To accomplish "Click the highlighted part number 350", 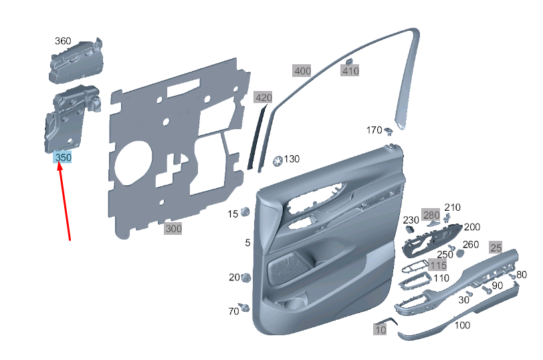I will click(x=63, y=157).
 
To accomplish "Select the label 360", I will click(x=63, y=41).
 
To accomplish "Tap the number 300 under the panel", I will click(x=173, y=229).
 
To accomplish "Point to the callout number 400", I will click(x=302, y=70).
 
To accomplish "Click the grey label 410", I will click(x=350, y=70).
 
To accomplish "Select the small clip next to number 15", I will click(x=245, y=212).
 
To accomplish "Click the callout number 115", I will click(x=438, y=266).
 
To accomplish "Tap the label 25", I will click(x=496, y=247).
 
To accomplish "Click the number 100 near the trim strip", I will click(x=462, y=325).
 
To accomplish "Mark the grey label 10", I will click(x=380, y=329).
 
